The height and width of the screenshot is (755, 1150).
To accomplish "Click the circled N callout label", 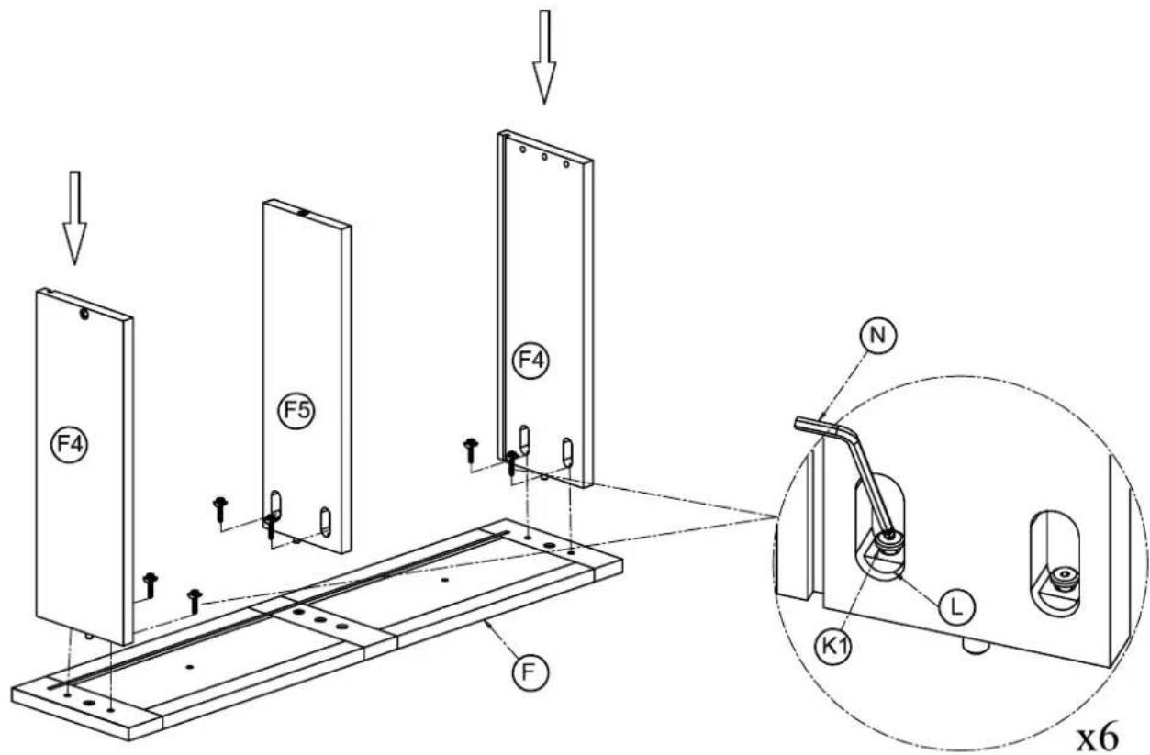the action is tap(878, 336).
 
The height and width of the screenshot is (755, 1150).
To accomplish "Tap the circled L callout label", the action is tap(956, 607).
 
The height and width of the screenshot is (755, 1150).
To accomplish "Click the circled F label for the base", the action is tap(530, 672).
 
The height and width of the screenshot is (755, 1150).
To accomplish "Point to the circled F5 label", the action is tap(297, 410).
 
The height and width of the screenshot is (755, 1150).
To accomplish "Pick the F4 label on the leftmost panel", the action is tap(70, 445).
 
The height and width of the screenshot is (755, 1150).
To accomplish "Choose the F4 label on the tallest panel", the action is tap(530, 361).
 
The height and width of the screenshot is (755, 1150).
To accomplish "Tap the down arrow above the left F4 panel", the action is tap(74, 218).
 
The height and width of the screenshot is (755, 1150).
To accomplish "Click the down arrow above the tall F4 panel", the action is tap(544, 57).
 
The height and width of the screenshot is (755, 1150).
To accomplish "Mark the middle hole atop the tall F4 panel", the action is tap(544, 157).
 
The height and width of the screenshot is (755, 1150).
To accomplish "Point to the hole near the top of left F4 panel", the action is tap(84, 315).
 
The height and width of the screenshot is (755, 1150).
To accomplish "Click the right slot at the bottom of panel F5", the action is tap(325, 522).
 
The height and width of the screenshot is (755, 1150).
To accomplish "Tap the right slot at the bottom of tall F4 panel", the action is tap(567, 452).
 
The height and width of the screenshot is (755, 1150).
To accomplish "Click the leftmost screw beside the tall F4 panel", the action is tap(471, 450).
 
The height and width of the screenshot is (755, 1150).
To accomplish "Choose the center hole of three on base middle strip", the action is tap(319, 620).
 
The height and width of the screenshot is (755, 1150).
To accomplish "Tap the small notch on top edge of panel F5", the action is tap(302, 213).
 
